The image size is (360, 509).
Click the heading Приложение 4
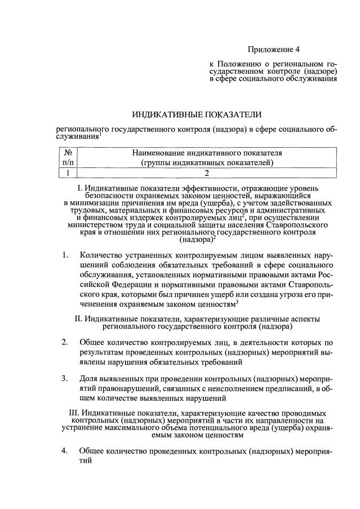tap(275, 50)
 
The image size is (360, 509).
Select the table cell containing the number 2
tap(207, 173)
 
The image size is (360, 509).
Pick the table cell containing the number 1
tap(68, 173)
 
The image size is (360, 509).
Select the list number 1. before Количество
tap(65, 255)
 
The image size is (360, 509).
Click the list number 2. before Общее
tap(65, 342)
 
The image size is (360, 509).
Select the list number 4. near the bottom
tap(65, 450)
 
